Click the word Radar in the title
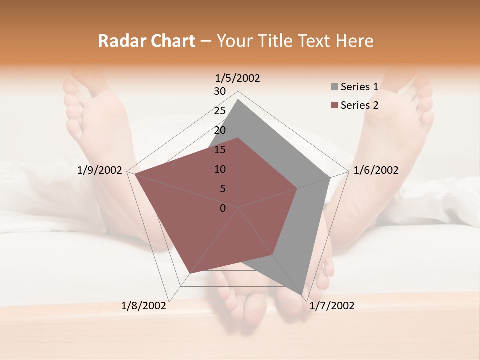[x=117, y=41]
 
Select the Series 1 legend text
[x=359, y=87]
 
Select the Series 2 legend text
[x=359, y=105]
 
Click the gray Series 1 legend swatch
[x=334, y=87]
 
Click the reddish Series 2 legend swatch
[x=334, y=105]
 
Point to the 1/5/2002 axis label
[x=238, y=78]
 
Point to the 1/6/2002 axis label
[x=376, y=170]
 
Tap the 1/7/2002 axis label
[x=332, y=305]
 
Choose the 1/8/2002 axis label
[x=144, y=305]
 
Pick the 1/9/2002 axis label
[x=100, y=170]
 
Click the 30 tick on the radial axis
[x=219, y=91]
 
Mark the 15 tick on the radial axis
[x=219, y=150]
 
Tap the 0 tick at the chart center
[x=223, y=208]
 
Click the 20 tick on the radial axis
[x=219, y=130]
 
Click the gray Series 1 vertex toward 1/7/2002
[x=302, y=295]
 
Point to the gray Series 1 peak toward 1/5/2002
[x=238, y=99]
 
